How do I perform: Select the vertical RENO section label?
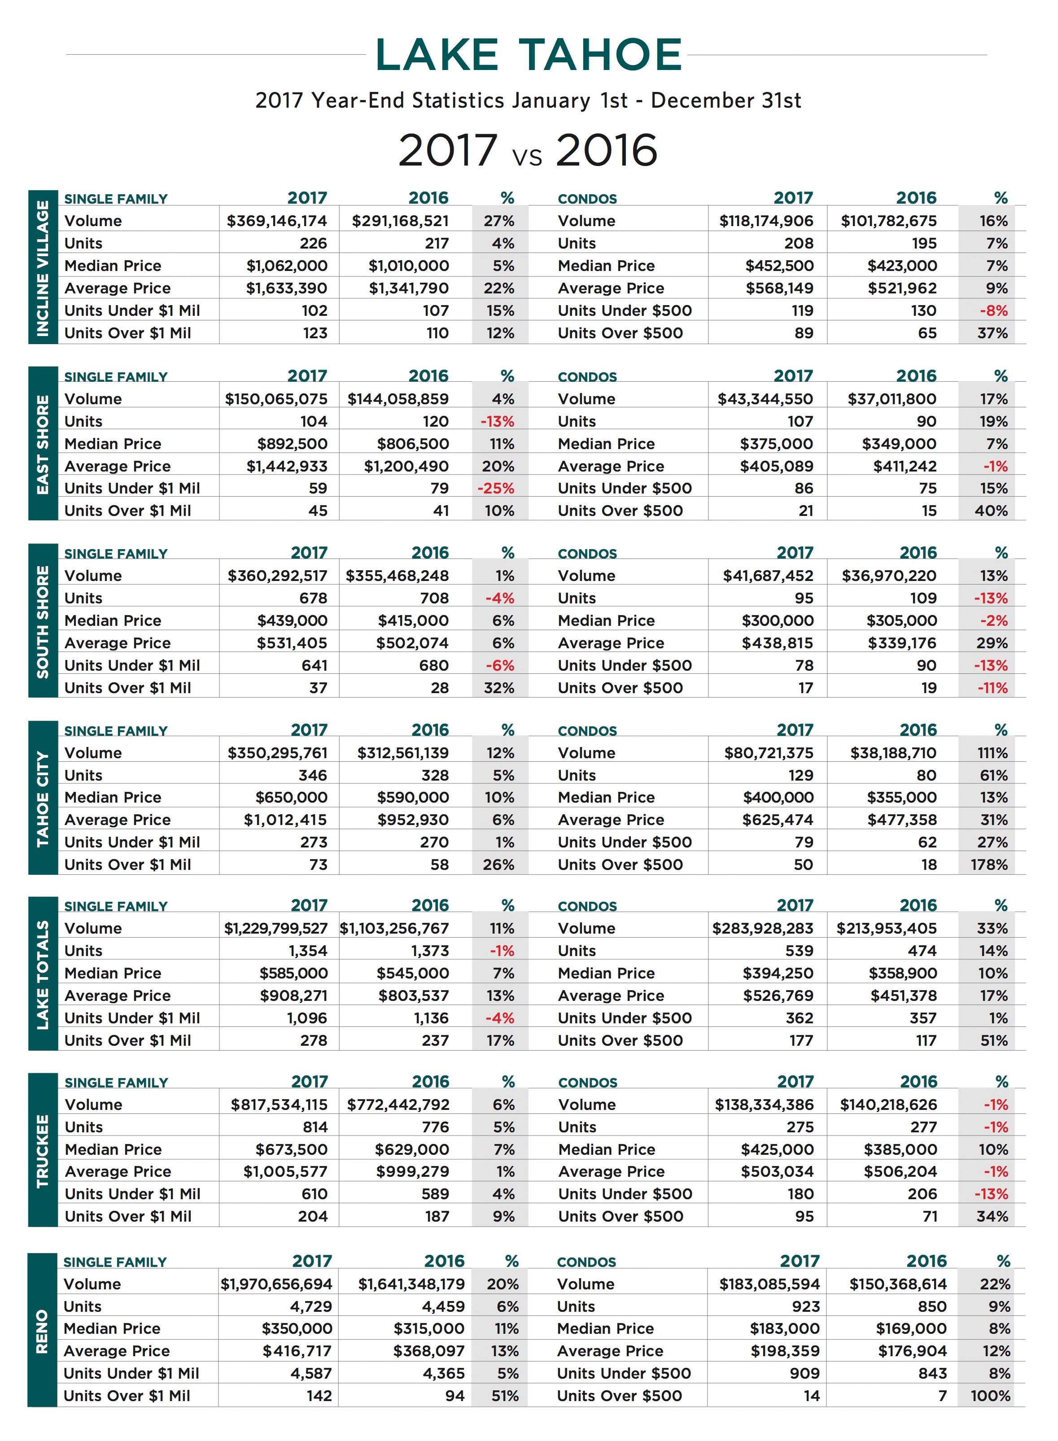point(42,1331)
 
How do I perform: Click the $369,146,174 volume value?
point(277,221)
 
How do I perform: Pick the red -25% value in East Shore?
point(496,488)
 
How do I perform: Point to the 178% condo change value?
point(989,865)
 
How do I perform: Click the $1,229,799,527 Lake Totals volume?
point(275,929)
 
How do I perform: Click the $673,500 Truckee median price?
point(291,1149)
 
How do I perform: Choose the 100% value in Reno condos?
point(990,1396)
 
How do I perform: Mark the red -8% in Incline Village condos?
point(993,310)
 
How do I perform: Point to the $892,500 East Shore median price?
point(292,444)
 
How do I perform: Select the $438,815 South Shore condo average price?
point(778,643)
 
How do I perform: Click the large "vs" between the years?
point(527,156)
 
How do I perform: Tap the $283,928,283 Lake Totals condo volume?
point(763,929)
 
